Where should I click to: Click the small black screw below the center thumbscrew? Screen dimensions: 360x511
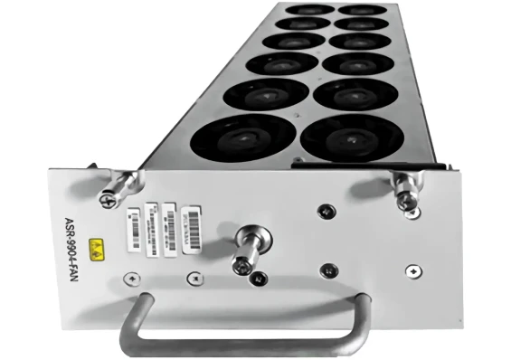(x=260, y=281)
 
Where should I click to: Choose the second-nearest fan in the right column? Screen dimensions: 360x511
(x=352, y=94)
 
